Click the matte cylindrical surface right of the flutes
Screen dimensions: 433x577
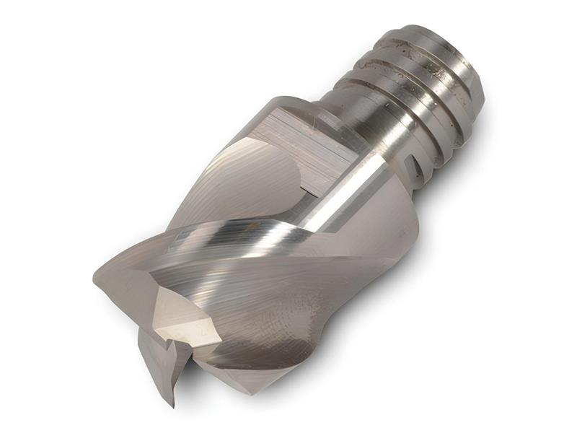[x=389, y=231]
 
